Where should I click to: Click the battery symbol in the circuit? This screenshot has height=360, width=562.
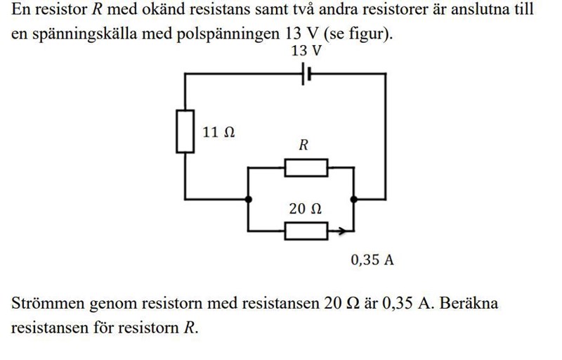(306, 73)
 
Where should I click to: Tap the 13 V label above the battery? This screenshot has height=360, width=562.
(306, 51)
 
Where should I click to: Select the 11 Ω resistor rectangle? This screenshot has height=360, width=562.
(185, 131)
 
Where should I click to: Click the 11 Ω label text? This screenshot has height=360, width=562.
(218, 131)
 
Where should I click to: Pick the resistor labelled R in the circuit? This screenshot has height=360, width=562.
(306, 168)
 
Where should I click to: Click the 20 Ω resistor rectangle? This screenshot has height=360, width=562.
(306, 230)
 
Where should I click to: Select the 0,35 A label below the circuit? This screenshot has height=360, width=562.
(372, 260)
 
